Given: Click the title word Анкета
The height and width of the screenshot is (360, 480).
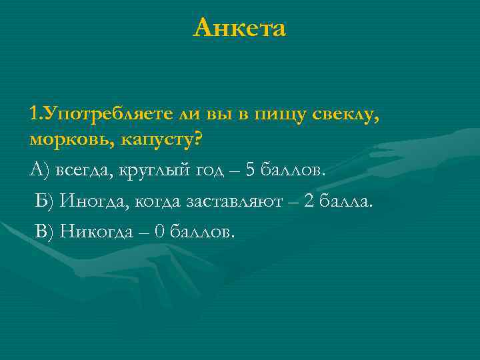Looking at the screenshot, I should [x=239, y=28].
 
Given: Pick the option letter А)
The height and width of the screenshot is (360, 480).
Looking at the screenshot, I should [x=39, y=170].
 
